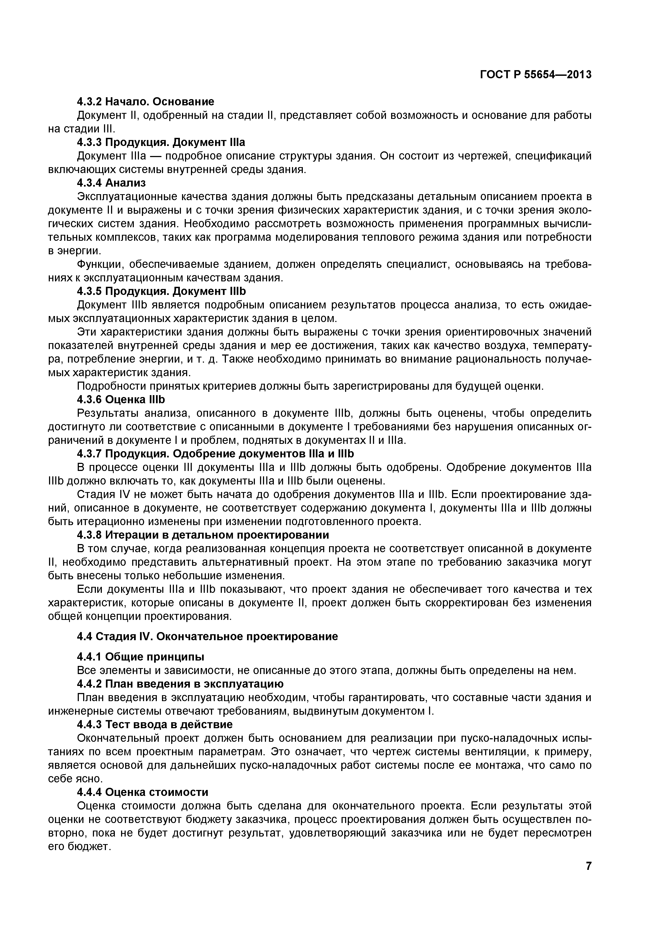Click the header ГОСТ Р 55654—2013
click(535, 74)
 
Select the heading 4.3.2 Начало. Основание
click(146, 101)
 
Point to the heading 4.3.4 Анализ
click(111, 183)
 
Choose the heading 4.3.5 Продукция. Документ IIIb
click(161, 291)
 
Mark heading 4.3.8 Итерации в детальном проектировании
click(203, 535)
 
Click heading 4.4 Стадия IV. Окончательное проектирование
click(207, 636)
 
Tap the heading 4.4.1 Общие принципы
click(140, 657)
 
